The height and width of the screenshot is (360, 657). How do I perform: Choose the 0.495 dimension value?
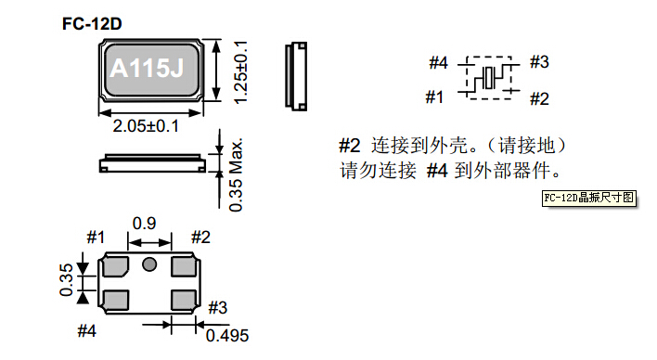point(227,335)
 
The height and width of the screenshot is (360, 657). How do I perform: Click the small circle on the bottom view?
point(148,266)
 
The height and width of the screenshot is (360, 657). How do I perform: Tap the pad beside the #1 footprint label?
point(116,267)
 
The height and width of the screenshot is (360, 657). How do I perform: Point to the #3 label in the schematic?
point(539,63)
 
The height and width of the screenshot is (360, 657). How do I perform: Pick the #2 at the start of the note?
point(349,147)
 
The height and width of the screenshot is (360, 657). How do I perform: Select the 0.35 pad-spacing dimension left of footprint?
point(66,280)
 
